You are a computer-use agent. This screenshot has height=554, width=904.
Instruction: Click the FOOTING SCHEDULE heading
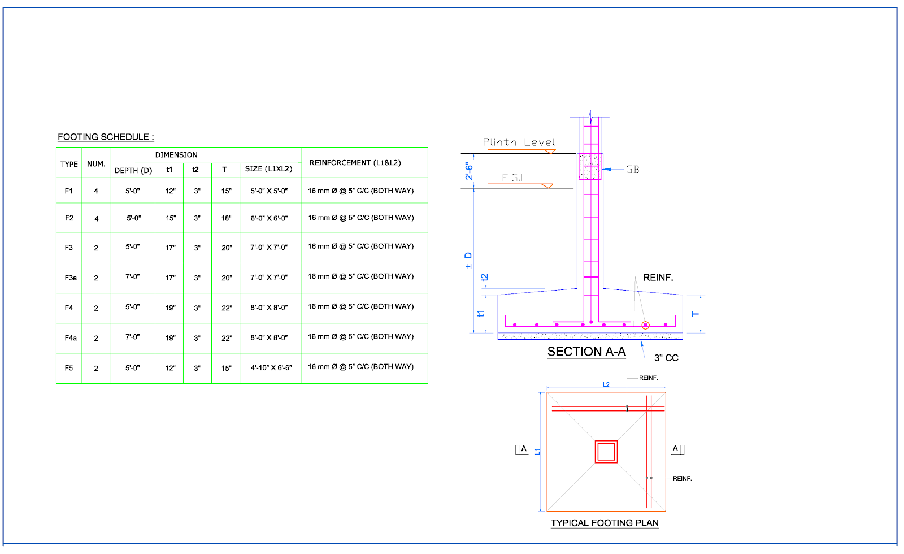(106, 137)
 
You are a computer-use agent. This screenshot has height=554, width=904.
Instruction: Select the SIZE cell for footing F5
(271, 368)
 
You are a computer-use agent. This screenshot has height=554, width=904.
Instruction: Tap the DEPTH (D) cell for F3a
(132, 277)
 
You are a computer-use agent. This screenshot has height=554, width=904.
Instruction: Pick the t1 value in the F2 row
(170, 218)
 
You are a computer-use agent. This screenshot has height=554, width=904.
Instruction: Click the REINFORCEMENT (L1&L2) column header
(355, 163)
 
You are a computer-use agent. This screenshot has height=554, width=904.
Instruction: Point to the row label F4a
(70, 338)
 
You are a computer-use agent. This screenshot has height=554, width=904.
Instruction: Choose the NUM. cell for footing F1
(96, 191)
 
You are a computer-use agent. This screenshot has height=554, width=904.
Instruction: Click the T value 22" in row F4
(227, 308)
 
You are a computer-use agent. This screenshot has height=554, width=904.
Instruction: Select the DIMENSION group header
(176, 155)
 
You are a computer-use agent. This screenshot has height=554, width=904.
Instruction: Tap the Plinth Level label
(519, 142)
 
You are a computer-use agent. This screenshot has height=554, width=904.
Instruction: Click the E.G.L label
(514, 178)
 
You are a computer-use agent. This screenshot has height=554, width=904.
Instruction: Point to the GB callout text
(632, 170)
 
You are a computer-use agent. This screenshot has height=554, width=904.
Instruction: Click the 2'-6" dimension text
(469, 171)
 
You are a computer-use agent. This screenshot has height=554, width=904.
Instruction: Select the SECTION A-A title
(586, 352)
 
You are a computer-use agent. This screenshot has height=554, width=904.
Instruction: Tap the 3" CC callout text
(666, 358)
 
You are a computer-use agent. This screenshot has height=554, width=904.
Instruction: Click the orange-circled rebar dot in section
(645, 325)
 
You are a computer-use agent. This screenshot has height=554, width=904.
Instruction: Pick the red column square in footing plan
(606, 452)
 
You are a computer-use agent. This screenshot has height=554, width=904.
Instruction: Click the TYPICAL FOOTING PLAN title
(605, 523)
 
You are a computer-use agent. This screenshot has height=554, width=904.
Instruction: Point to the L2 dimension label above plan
(606, 384)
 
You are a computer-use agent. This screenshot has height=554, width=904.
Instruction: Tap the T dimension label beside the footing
(696, 314)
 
